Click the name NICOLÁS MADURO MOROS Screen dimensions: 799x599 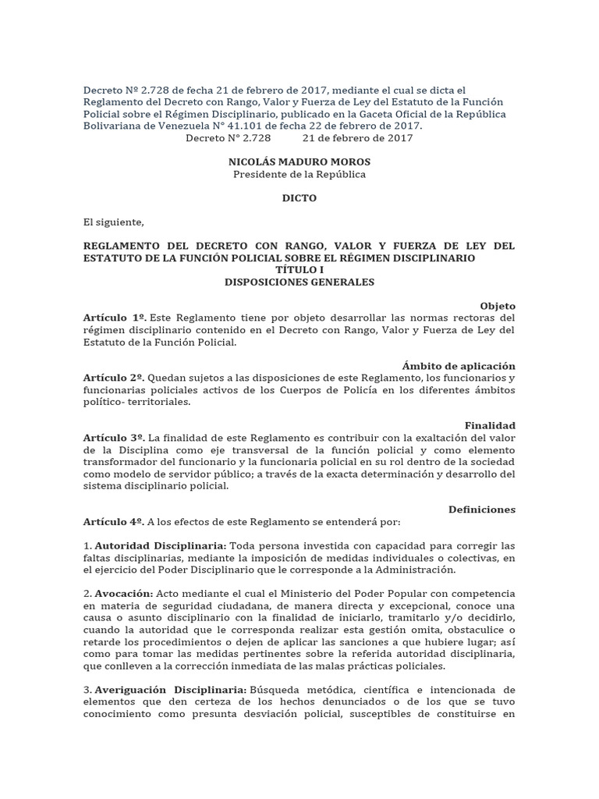[x=299, y=162]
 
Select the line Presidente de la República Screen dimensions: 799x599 [x=299, y=174]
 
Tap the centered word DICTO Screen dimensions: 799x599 [x=299, y=198]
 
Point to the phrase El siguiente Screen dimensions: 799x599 [x=114, y=222]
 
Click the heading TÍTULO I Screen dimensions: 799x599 [x=299, y=269]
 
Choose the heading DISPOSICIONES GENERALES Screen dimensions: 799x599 [x=299, y=282]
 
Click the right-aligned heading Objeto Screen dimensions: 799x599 [x=498, y=306]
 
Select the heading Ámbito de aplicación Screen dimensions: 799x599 [x=459, y=366]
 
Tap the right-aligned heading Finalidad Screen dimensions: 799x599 [x=491, y=425]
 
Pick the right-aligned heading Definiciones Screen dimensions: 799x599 [x=482, y=510]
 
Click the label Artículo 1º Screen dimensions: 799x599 [x=114, y=318]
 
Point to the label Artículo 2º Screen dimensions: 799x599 [x=114, y=378]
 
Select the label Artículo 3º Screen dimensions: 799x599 [x=114, y=438]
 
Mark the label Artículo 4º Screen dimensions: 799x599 [x=114, y=522]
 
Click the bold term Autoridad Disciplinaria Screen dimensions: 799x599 [x=161, y=545]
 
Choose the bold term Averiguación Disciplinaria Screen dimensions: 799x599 [x=172, y=690]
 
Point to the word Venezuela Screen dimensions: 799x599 [x=181, y=126]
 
